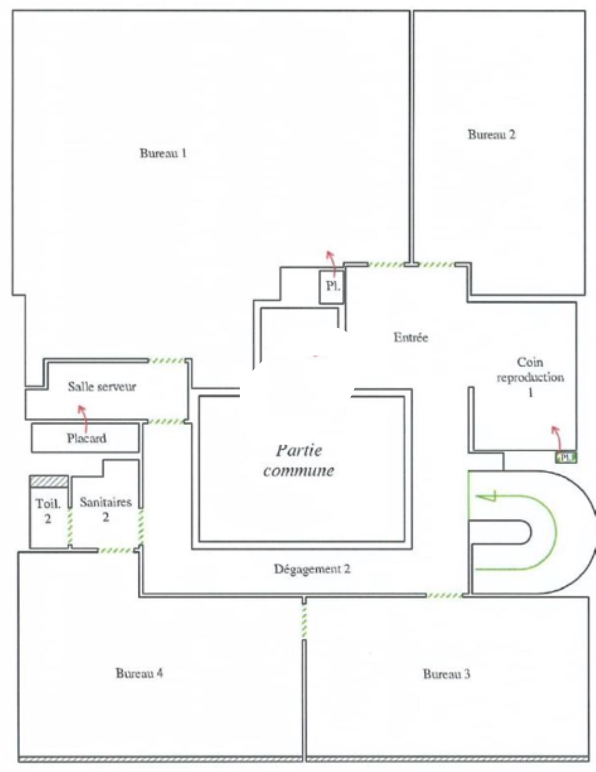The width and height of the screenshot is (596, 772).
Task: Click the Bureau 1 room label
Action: pos(163,153)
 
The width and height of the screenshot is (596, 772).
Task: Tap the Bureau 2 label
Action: pos(492,134)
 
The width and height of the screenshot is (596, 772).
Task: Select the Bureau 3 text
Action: pos(447,674)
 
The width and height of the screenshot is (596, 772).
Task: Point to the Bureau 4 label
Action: pos(139,673)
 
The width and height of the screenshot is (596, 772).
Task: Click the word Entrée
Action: pos(411,337)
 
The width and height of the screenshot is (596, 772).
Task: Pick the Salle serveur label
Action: pos(102,386)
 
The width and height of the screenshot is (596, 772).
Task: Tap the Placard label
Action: pos(87,438)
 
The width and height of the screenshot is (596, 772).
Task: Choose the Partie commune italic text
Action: pos(299,461)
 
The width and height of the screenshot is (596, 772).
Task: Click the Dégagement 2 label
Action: pos(312,569)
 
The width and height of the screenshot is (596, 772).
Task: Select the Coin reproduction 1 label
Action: pos(530,377)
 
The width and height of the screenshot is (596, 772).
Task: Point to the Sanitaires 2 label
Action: pos(106,510)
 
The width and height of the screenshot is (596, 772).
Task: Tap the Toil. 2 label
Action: pos(48,511)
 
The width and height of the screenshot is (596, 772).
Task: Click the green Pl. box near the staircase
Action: pos(566,457)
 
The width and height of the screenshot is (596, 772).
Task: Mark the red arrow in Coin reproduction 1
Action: pos(558,439)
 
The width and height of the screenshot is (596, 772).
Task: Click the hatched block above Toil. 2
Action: pos(49,481)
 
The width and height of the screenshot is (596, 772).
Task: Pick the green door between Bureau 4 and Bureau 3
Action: pos(304,620)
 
